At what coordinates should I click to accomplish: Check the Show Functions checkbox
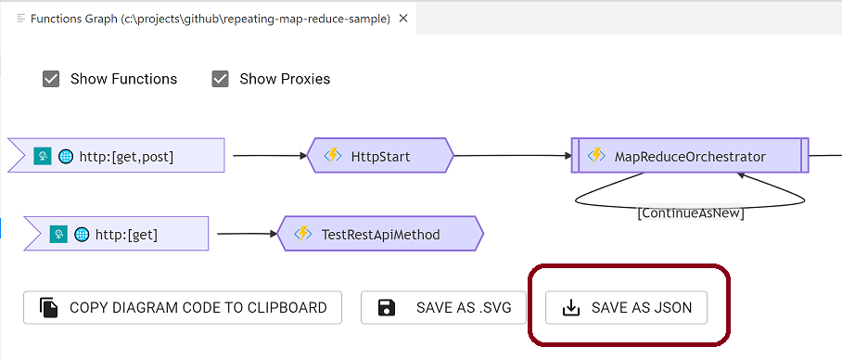click(51, 79)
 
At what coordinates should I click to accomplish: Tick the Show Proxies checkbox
click(220, 79)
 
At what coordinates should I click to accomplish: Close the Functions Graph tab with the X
click(403, 18)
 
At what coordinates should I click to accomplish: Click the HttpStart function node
click(380, 156)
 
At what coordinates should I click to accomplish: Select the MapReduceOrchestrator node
click(690, 156)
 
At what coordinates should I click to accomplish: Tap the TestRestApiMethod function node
click(380, 234)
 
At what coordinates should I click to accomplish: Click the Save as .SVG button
click(443, 307)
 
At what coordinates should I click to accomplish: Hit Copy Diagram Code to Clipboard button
click(183, 307)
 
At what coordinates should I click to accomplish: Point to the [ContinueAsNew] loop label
click(691, 212)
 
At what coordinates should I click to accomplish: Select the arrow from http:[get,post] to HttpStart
click(269, 156)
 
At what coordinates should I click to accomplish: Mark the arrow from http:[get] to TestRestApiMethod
click(243, 234)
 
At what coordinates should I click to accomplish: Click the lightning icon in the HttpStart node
click(332, 156)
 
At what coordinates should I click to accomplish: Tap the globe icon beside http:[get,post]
click(66, 156)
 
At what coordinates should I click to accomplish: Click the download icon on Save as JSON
click(572, 307)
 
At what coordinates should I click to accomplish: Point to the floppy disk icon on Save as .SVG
click(388, 307)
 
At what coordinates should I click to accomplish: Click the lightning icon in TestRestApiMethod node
click(302, 234)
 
